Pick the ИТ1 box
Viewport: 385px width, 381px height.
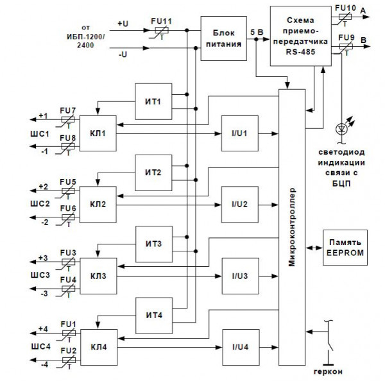point(153,101)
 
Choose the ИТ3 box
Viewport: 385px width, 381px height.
point(153,244)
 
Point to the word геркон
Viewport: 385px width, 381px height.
point(327,372)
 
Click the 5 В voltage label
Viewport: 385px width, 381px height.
point(255,31)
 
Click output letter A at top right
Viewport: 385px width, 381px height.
point(364,10)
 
